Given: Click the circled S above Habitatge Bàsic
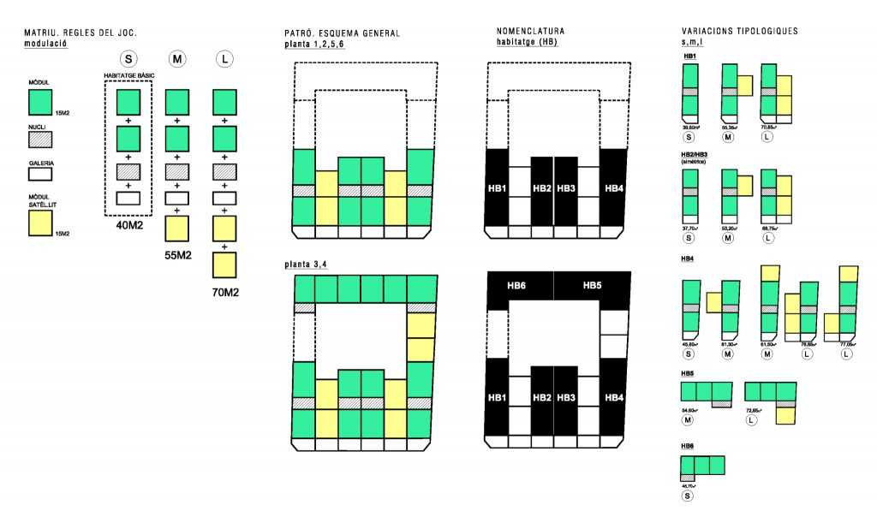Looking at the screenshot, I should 128,59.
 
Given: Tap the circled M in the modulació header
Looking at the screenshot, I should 176,59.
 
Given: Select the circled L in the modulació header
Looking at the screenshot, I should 224,59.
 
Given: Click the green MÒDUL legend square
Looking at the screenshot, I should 40,103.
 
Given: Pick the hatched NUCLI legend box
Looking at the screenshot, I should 40,140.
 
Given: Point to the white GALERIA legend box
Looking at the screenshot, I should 40,174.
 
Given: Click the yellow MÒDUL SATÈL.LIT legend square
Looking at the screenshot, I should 40,223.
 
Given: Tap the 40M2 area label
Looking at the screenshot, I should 128,226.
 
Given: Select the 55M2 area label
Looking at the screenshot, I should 177,255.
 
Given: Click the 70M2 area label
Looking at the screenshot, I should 224,292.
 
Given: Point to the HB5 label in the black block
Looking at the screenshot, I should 593,285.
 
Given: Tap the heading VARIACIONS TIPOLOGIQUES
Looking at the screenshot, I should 739,32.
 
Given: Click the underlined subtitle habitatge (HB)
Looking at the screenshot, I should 527,41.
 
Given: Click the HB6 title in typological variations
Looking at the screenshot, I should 688,446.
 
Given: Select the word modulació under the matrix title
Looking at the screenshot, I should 45,41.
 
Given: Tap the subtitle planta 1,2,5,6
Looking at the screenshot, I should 314,43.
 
